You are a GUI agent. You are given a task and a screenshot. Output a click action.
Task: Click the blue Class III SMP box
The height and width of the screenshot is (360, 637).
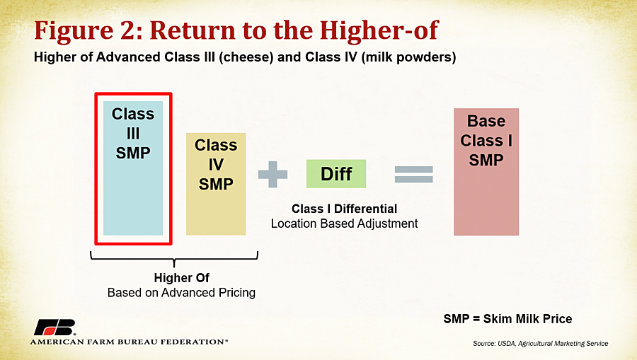pos(133,168)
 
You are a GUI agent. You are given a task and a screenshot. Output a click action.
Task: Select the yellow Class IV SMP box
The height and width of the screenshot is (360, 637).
pos(216,184)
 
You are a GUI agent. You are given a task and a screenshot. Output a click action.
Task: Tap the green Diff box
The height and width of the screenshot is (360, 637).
pos(336,174)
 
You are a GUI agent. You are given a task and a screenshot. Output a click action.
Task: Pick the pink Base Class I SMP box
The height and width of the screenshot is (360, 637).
pos(486,172)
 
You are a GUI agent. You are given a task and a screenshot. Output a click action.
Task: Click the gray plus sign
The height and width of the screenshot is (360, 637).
pos(272,175)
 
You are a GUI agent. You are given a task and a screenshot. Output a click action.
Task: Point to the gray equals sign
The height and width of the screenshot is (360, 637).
pos(413,175)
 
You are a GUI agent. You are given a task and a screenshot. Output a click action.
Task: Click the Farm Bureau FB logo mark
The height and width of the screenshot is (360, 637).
pos(55,327)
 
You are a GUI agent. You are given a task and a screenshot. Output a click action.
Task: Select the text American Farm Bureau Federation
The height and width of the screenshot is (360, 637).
pos(129,342)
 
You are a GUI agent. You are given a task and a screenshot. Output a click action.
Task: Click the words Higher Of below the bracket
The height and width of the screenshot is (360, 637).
pos(182,278)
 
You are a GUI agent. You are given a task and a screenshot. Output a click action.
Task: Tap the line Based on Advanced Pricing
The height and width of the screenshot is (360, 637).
pos(181,293)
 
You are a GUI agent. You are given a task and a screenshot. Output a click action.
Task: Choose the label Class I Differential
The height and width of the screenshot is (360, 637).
pos(344,209)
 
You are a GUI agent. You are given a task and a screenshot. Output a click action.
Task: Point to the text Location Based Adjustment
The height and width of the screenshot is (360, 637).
pos(344,223)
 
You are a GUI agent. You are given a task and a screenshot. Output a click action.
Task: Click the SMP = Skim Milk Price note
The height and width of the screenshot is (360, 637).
pos(507,318)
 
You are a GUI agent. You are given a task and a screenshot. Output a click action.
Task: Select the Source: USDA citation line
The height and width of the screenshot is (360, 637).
pos(540,343)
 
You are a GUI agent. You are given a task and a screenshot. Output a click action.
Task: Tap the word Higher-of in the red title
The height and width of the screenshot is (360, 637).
pos(379,30)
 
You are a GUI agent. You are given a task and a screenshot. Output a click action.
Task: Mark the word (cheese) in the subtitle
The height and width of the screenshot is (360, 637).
pos(246,57)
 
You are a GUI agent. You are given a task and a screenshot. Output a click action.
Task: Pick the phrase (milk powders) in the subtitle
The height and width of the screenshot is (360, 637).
pos(408,57)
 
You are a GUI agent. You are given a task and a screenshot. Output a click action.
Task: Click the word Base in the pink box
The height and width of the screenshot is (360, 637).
pos(486,121)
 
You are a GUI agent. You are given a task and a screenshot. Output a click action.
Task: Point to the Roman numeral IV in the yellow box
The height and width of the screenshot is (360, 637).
pos(216,164)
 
